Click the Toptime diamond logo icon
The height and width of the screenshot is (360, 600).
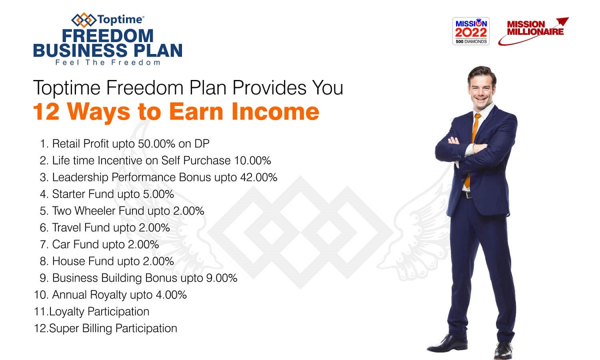pos(83,20)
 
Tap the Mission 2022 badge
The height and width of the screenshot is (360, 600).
pos(470,31)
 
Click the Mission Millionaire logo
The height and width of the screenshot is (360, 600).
pos(533,31)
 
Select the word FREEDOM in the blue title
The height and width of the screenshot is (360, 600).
pos(107,36)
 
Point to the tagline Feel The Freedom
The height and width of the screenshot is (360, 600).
pos(107,62)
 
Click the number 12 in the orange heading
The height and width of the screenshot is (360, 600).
pos(46,111)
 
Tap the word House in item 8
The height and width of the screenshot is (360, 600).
pos(68,261)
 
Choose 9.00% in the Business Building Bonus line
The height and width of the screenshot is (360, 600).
pos(221,278)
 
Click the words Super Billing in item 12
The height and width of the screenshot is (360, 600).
pos(80,328)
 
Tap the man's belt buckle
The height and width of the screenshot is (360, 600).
pos(468,195)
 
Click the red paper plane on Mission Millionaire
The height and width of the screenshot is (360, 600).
pos(562,21)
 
